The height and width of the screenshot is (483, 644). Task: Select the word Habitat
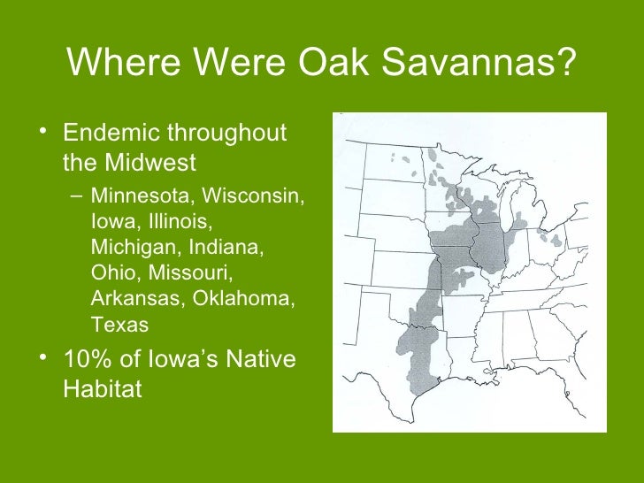102,388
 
